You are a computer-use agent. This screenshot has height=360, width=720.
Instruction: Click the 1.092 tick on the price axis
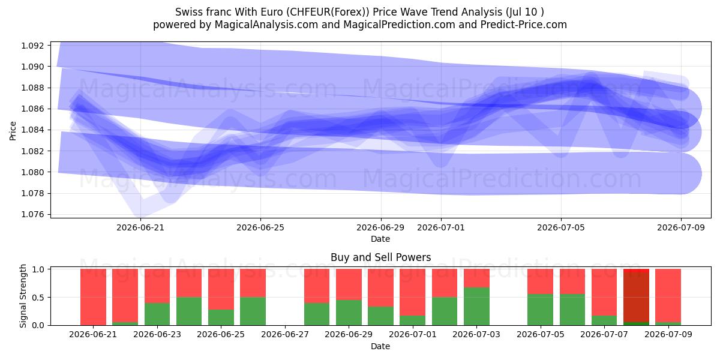[32, 46]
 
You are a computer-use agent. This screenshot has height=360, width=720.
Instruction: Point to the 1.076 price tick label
[32, 214]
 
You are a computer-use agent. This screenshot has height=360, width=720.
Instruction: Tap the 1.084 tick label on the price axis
[32, 130]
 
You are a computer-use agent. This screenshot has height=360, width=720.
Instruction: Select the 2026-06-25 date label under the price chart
[260, 227]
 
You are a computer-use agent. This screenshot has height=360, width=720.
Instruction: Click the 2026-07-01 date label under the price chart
[441, 227]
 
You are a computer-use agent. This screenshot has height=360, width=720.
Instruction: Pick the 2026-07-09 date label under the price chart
[681, 227]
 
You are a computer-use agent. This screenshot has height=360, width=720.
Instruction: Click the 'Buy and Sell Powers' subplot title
[380, 257]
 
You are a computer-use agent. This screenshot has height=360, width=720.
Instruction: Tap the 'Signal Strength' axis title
[23, 296]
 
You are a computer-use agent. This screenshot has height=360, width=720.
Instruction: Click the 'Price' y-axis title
[13, 131]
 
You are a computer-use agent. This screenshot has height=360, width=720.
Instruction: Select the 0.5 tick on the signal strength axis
[38, 298]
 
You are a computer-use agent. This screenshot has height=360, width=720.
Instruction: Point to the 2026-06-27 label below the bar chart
[285, 334]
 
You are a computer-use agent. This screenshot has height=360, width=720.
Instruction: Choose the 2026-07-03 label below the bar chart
[476, 334]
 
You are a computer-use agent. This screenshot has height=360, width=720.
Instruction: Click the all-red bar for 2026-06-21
[93, 297]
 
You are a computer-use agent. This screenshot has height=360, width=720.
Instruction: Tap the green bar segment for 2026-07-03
[476, 307]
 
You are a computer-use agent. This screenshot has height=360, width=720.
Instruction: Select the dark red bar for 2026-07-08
[636, 297]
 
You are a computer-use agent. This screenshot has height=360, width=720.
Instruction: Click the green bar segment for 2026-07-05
[541, 310]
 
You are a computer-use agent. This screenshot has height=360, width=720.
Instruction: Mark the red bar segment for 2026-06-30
[380, 287]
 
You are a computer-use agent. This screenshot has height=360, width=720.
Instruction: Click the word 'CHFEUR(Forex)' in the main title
[328, 12]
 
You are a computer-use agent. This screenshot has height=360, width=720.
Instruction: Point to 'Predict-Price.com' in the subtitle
[524, 25]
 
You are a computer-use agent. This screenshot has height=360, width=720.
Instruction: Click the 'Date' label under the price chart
[380, 239]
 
